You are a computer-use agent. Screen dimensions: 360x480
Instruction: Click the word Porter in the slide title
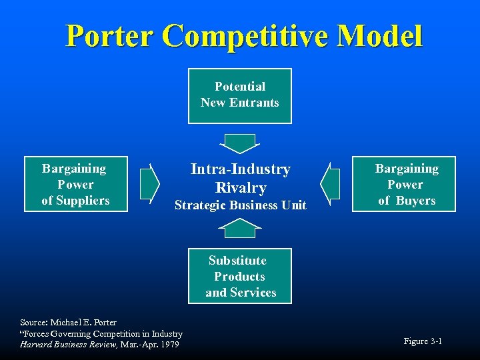coord(109,36)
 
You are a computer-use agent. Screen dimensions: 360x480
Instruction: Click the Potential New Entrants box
coord(240,95)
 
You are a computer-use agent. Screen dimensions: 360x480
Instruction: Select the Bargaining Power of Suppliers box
coord(75,184)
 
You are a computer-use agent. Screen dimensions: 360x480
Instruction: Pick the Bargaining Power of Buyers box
coord(404,184)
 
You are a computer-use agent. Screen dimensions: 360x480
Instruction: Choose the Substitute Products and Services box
coord(240,276)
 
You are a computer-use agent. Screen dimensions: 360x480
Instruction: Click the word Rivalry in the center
coord(241,188)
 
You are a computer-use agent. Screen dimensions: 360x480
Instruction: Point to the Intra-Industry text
coord(241,169)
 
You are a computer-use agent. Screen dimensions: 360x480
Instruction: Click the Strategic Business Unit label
coord(241,205)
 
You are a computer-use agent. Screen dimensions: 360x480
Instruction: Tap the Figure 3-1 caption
coord(423,341)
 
